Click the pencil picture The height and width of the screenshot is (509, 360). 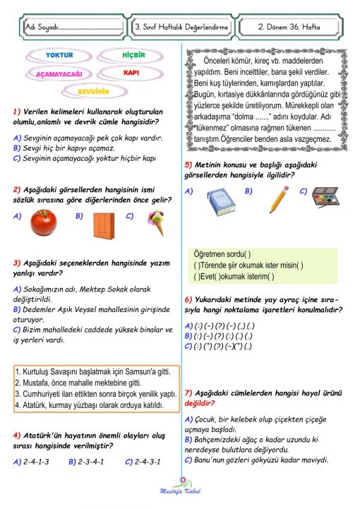(277, 198)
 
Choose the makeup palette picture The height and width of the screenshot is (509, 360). (326, 200)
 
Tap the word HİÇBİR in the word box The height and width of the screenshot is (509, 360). (132, 55)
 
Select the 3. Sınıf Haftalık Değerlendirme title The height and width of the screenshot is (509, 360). (182, 28)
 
